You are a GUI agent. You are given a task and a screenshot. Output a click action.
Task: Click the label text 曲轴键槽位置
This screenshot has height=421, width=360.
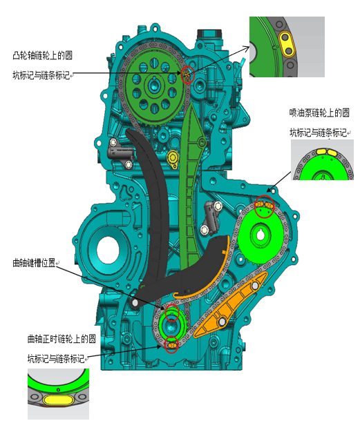click(x=34, y=262)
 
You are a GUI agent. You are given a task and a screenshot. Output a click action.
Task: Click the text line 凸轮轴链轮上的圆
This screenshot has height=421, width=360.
click(x=42, y=55)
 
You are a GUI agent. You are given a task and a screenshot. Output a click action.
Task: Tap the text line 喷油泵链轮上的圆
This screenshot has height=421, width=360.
click(x=319, y=112)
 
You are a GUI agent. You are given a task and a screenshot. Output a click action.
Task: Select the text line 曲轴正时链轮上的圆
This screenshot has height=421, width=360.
click(x=61, y=339)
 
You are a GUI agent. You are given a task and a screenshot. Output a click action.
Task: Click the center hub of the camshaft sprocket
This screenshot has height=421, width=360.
click(x=154, y=86)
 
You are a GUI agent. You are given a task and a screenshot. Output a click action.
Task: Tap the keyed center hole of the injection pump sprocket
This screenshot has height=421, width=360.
click(x=260, y=235)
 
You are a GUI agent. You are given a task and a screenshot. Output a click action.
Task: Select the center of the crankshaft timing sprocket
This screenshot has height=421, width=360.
click(x=171, y=326)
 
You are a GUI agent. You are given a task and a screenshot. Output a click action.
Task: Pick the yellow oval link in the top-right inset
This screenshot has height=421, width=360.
click(x=287, y=44)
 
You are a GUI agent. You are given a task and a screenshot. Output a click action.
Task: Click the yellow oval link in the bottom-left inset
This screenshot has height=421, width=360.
click(x=59, y=400)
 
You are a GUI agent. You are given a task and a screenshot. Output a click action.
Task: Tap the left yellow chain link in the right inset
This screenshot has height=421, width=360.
click(x=321, y=151)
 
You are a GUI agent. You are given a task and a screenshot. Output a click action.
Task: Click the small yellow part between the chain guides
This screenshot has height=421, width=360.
click(x=173, y=159)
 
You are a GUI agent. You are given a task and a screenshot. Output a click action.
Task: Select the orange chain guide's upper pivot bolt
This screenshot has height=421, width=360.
click(x=255, y=286)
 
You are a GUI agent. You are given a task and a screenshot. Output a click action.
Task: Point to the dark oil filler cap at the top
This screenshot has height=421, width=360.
click(x=209, y=35)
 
